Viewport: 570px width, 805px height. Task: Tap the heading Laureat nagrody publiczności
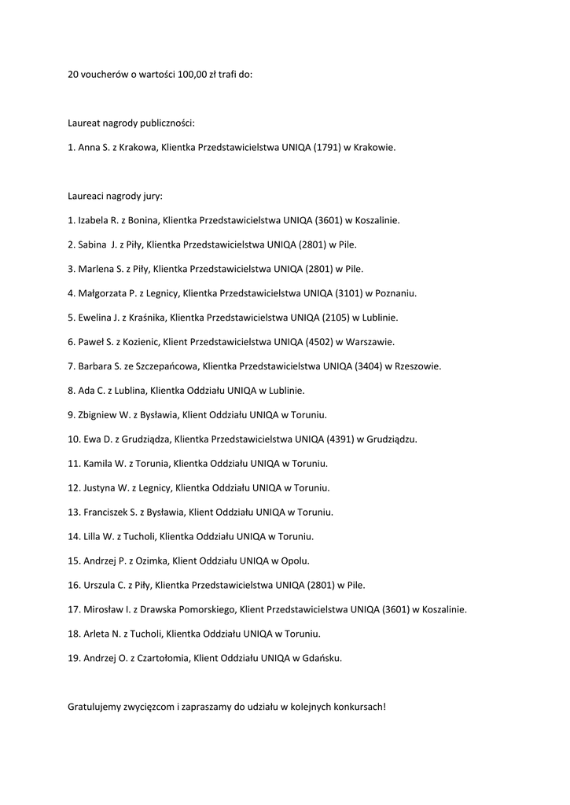click(x=131, y=123)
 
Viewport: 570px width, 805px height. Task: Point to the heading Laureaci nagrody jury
click(x=116, y=196)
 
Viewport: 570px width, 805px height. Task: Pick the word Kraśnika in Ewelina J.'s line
click(x=143, y=318)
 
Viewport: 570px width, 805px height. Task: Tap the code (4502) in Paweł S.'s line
click(x=317, y=342)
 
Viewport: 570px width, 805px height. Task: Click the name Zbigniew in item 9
click(x=97, y=414)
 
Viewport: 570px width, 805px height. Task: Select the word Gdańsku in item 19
click(x=322, y=658)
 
